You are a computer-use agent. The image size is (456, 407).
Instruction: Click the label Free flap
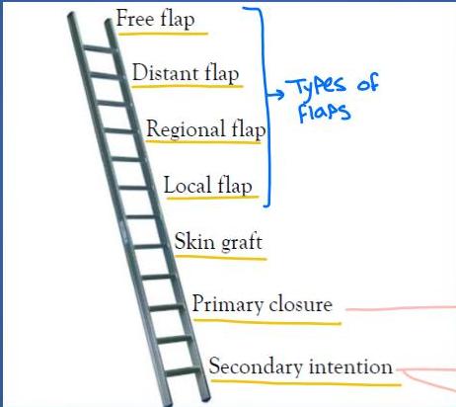pyautogui.click(x=155, y=19)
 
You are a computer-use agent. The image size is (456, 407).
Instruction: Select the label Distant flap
pyautogui.click(x=186, y=73)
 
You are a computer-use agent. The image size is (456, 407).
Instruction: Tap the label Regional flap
pyautogui.click(x=206, y=129)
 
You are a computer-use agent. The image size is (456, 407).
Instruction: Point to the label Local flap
pyautogui.click(x=208, y=186)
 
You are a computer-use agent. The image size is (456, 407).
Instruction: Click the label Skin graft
pyautogui.click(x=218, y=242)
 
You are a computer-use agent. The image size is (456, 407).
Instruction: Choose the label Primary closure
pyautogui.click(x=263, y=304)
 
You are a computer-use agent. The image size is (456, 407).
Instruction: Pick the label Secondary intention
pyautogui.click(x=301, y=366)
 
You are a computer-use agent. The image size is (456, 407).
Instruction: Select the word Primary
pyautogui.click(x=227, y=304)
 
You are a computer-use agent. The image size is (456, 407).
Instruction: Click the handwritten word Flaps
pyautogui.click(x=324, y=112)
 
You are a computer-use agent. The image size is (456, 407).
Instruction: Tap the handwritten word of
pyautogui.click(x=368, y=83)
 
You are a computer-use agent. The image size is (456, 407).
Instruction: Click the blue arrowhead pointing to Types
pyautogui.click(x=279, y=95)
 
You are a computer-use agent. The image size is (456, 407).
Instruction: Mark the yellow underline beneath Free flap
pyautogui.click(x=163, y=34)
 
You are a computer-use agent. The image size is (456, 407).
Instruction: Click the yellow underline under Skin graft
pyautogui.click(x=220, y=257)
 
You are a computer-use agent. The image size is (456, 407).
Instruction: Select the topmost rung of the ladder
pyautogui.click(x=98, y=49)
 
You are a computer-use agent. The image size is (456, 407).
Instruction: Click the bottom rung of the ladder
pyautogui.click(x=183, y=371)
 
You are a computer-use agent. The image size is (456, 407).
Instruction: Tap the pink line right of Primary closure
pyautogui.click(x=401, y=308)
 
